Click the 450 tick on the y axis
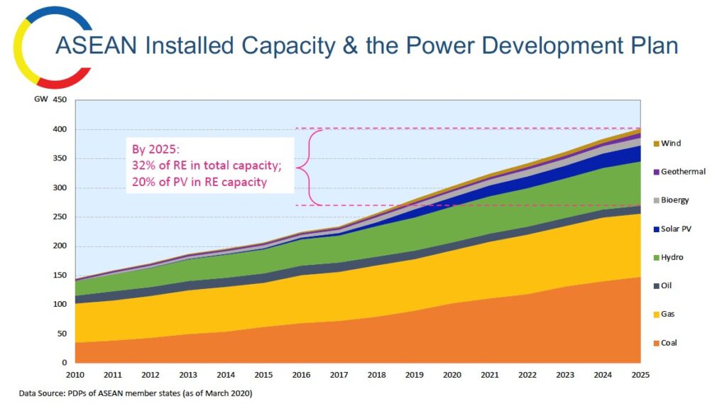pos(60,100)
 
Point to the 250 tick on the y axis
pos(60,217)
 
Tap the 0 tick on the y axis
pos(63,363)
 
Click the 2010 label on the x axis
pos(75,374)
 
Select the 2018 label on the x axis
pos(377,374)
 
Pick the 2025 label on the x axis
pos(641,374)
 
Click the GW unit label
pos(40,100)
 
